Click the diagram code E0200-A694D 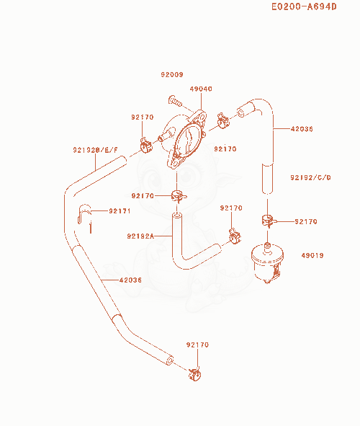pyautogui.click(x=304, y=6)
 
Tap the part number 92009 pyautogui.click(x=172, y=74)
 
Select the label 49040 pyautogui.click(x=201, y=89)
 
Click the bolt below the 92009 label pyautogui.click(x=175, y=102)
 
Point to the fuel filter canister pyautogui.click(x=268, y=263)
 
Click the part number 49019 pyautogui.click(x=312, y=255)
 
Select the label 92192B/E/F pyautogui.click(x=96, y=150)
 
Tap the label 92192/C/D pyautogui.click(x=310, y=178)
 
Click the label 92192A pyautogui.click(x=140, y=236)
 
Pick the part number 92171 pyautogui.click(x=120, y=210)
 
